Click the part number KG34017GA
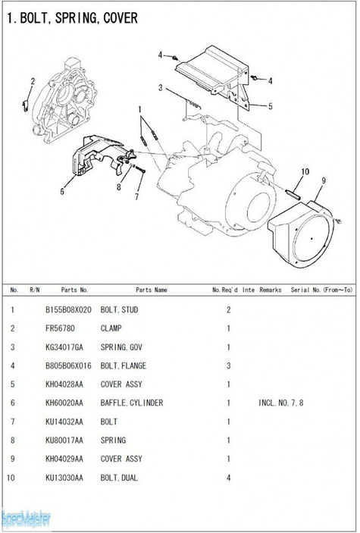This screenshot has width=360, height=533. tap(64, 347)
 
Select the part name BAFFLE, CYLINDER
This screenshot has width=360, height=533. tap(132, 403)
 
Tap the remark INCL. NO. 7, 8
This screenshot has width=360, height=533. tap(280, 403)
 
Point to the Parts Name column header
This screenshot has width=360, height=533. tap(152, 290)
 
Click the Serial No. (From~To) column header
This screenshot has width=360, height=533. tap(321, 290)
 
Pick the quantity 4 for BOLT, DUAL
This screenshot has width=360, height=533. tap(228, 478)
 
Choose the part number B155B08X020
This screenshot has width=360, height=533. tap(68, 309)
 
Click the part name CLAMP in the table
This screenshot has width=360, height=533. tap(111, 328)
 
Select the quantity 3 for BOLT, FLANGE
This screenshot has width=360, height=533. tap(228, 365)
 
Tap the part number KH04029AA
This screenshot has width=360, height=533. tap(64, 459)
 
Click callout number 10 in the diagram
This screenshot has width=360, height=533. tap(305, 171)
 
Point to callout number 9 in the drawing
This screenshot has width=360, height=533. tap(324, 180)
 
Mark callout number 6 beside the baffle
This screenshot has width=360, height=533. tap(62, 192)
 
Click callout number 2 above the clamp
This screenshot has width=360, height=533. tap(33, 81)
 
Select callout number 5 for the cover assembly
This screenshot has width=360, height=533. tap(271, 106)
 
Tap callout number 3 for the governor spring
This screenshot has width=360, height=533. tap(160, 88)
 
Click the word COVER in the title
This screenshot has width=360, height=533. tap(121, 17)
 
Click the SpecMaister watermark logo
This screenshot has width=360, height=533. tap(26, 519)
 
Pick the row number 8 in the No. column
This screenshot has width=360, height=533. tap(13, 441)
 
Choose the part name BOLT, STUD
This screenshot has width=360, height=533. tap(119, 309)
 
